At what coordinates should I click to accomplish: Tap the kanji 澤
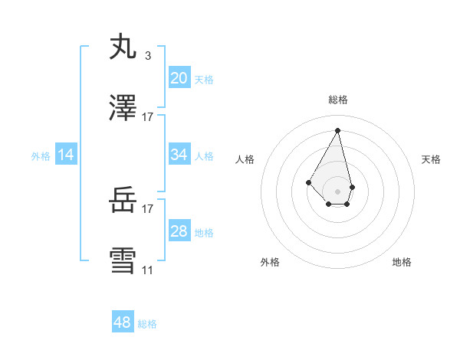click(x=124, y=109)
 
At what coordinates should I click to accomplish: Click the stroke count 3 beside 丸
click(x=147, y=56)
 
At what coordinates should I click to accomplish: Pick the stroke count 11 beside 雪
click(x=147, y=270)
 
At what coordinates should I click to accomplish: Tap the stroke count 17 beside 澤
click(x=147, y=117)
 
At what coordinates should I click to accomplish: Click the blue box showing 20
click(x=179, y=77)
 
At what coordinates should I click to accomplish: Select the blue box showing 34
click(x=179, y=155)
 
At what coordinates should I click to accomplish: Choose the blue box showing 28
click(x=179, y=231)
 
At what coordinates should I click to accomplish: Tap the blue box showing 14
click(x=66, y=155)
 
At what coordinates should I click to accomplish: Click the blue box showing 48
click(x=123, y=322)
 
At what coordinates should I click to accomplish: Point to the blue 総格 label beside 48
click(x=147, y=324)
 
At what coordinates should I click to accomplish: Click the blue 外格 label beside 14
click(x=41, y=156)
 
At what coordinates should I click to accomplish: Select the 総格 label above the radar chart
click(x=338, y=100)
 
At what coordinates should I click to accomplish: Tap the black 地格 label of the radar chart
click(x=402, y=262)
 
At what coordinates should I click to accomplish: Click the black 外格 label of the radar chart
click(x=270, y=262)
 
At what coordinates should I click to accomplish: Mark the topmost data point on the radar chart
click(x=337, y=129)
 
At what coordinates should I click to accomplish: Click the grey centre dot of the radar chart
click(x=337, y=191)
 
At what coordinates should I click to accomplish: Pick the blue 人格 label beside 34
click(x=204, y=156)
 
